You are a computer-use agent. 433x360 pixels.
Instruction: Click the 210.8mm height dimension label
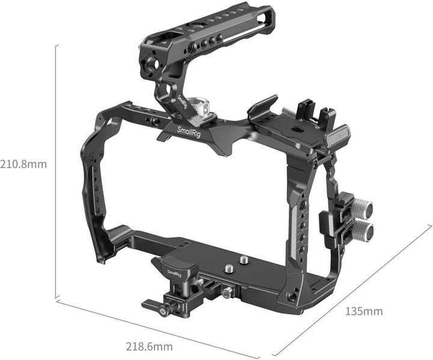click(x=23, y=164)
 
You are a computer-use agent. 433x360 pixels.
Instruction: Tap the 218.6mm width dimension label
click(x=149, y=346)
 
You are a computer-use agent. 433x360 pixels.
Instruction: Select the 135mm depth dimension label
click(x=364, y=311)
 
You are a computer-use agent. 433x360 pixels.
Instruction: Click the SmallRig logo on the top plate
click(x=189, y=132)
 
